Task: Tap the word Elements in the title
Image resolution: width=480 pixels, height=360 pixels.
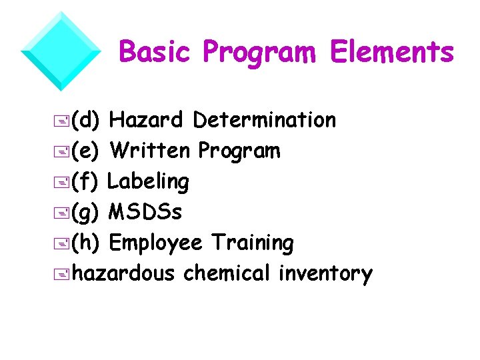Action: [391, 51]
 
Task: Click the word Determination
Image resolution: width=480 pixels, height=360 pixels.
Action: [264, 120]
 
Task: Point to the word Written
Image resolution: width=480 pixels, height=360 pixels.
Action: [150, 151]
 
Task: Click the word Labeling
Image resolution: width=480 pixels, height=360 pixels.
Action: [148, 181]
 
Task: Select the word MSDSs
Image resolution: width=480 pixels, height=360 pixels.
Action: [145, 212]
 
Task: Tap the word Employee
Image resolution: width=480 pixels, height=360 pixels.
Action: [155, 243]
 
